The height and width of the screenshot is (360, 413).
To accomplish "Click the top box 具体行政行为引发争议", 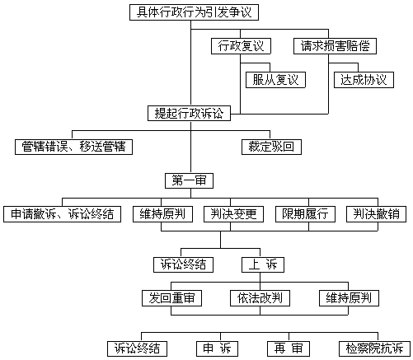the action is pyautogui.click(x=194, y=12).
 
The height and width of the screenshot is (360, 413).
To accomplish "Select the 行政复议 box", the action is pyautogui.click(x=241, y=46).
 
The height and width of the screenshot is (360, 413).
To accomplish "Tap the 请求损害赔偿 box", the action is pyautogui.click(x=335, y=46).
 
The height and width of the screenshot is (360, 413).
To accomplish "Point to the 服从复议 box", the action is pyautogui.click(x=275, y=80).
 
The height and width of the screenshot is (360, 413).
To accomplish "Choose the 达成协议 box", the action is pyautogui.click(x=364, y=80).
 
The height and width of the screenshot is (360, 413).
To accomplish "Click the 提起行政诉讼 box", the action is pyautogui.click(x=189, y=113).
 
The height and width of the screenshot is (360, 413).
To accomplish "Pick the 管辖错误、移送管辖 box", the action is pyautogui.click(x=73, y=147).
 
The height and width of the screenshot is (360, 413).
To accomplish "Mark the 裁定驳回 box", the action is pyautogui.click(x=271, y=147).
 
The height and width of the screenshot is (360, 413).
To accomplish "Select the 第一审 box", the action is pyautogui.click(x=189, y=180).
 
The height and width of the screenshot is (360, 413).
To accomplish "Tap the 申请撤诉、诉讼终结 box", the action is pyautogui.click(x=62, y=214).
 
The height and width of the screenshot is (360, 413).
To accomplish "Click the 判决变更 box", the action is pyautogui.click(x=233, y=214).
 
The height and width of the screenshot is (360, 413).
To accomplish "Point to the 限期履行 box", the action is pyautogui.click(x=305, y=214).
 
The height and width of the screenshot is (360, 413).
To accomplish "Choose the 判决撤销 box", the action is pyautogui.click(x=376, y=214).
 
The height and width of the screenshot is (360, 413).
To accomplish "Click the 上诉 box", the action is pyautogui.click(x=263, y=264).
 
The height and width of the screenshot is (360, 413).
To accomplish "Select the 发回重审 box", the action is pyautogui.click(x=171, y=298).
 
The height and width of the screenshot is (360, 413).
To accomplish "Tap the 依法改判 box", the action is pyautogui.click(x=260, y=298).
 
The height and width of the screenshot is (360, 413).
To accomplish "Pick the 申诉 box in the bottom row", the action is pyautogui.click(x=217, y=348).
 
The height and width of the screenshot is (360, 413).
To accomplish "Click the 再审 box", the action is pyautogui.click(x=289, y=348).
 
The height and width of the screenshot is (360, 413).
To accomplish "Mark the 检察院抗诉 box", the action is pyautogui.click(x=374, y=348).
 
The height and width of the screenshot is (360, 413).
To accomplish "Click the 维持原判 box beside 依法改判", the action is pyautogui.click(x=349, y=298).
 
